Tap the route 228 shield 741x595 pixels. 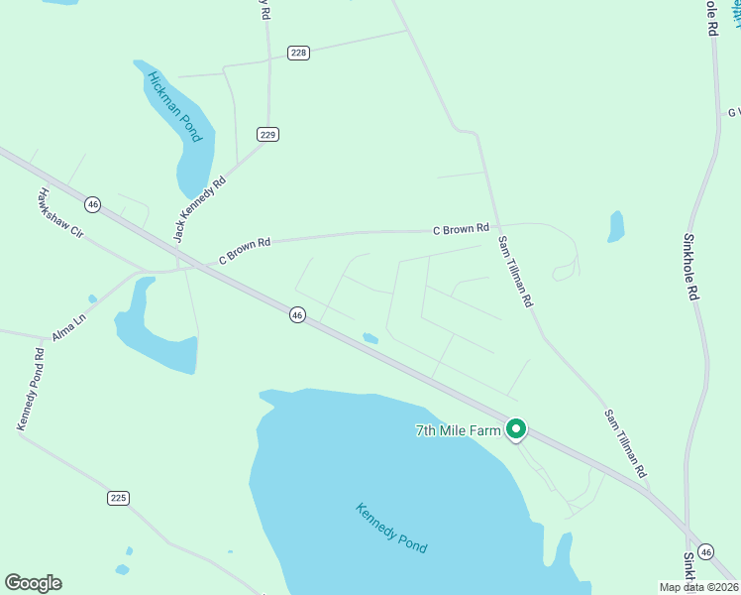point(298,53)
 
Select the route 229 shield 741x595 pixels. point(267,134)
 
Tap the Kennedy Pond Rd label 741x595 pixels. point(30,388)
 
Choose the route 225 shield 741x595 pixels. point(119,498)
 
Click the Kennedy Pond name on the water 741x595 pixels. point(391,529)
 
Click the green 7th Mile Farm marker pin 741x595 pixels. point(515,429)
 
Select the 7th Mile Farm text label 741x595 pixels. point(459,430)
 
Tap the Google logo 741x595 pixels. point(33,583)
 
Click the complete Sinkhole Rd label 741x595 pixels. point(691,267)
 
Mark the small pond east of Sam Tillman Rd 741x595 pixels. point(616,227)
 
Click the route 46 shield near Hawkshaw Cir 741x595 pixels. point(92,203)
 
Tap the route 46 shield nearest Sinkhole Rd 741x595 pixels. point(705,550)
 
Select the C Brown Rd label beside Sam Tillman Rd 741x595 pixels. point(461,229)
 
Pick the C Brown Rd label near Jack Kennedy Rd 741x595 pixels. point(245,248)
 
